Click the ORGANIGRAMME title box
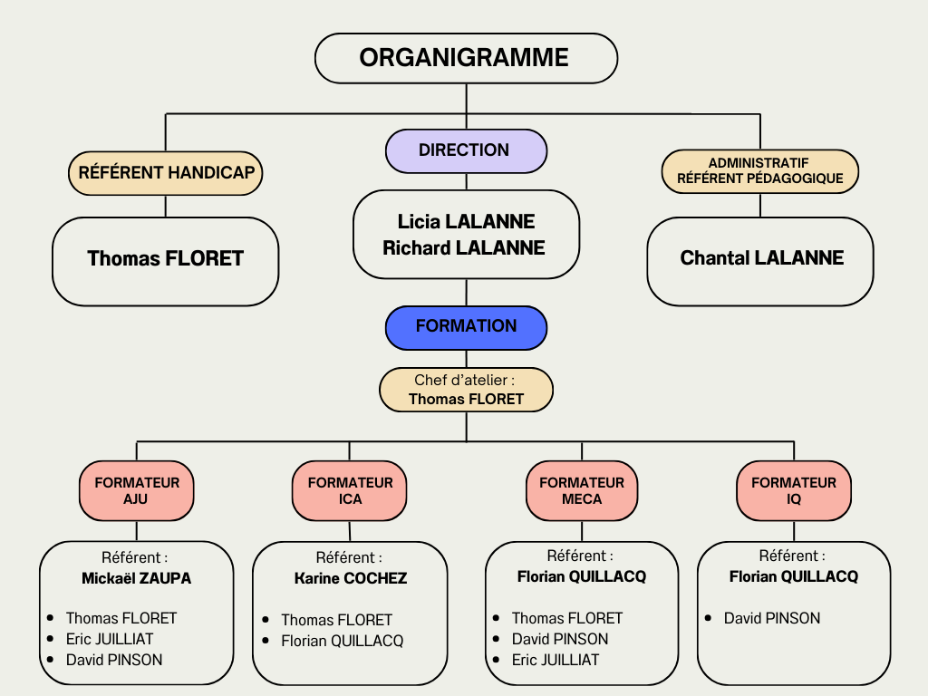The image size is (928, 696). pyautogui.click(x=466, y=58)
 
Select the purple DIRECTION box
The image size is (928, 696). pyautogui.click(x=466, y=150)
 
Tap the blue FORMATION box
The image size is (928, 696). pyautogui.click(x=466, y=326)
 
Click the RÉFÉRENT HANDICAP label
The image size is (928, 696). pyautogui.click(x=166, y=173)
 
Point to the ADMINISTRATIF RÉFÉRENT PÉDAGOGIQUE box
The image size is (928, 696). pyautogui.click(x=760, y=171)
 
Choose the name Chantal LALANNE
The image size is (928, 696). pyautogui.click(x=761, y=258)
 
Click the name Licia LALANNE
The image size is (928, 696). pyautogui.click(x=466, y=222)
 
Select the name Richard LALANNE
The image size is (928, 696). pyautogui.click(x=464, y=247)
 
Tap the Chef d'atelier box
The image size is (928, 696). pyautogui.click(x=466, y=390)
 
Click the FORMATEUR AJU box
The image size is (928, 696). pyautogui.click(x=137, y=490)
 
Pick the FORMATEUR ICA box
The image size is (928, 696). pyautogui.click(x=350, y=490)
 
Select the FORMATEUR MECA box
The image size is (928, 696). pyautogui.click(x=582, y=490)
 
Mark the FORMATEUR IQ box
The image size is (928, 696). pyautogui.click(x=794, y=490)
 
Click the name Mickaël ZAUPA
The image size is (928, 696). pyautogui.click(x=136, y=578)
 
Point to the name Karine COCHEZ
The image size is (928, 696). pyautogui.click(x=351, y=578)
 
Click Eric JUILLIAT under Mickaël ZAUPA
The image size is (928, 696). pyautogui.click(x=109, y=639)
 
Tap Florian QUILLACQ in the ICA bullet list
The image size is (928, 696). pyautogui.click(x=342, y=642)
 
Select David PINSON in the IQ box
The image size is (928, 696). pyautogui.click(x=771, y=618)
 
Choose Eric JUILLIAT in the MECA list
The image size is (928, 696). pyautogui.click(x=555, y=660)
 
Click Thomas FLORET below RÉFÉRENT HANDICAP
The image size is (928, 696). pyautogui.click(x=165, y=259)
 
